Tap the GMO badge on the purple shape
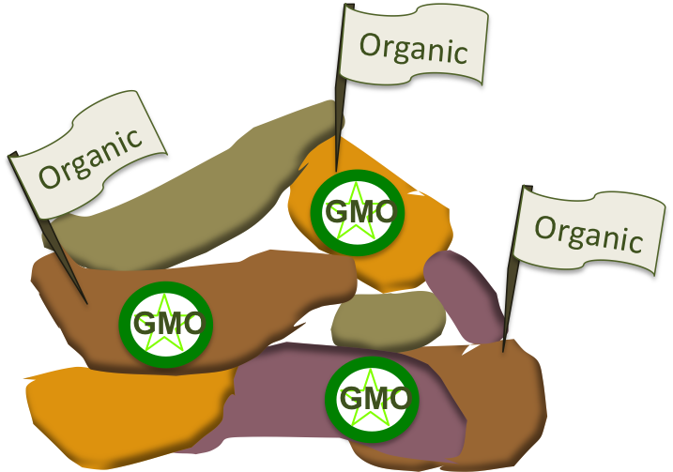[x=372, y=398]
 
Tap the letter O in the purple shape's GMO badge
[x=398, y=399]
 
